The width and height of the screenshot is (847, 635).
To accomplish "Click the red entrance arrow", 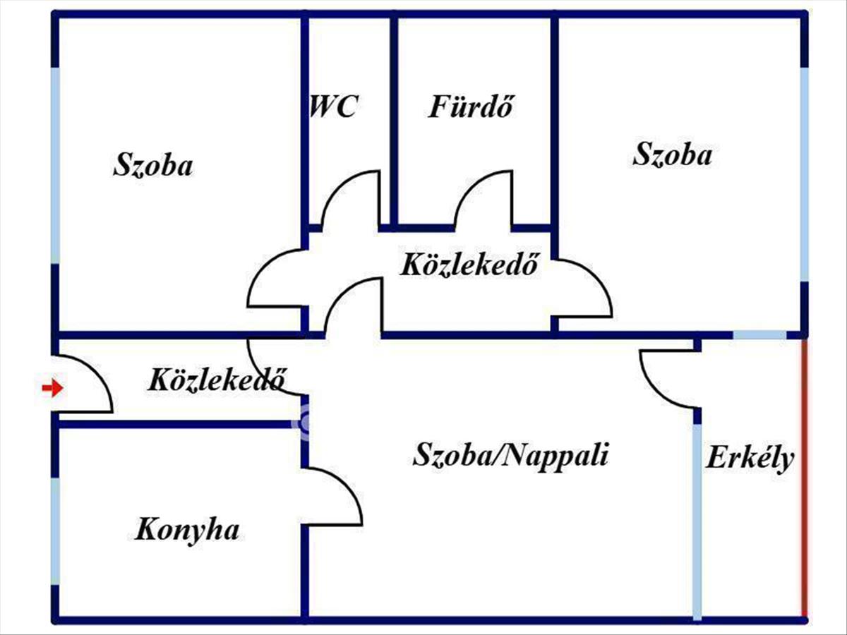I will click(52, 387).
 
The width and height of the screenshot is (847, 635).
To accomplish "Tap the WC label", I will click(333, 107).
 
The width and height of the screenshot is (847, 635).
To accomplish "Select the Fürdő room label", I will click(470, 108).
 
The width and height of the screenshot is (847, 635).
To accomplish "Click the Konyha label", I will click(187, 529).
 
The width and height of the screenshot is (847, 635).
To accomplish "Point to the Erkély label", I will click(750, 459).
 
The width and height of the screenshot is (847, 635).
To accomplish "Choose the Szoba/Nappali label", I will click(510, 455).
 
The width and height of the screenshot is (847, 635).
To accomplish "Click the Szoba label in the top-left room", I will click(152, 166).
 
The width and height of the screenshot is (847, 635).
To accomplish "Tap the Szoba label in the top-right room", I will click(672, 155).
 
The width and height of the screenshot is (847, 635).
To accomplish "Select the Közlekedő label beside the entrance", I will click(217, 381).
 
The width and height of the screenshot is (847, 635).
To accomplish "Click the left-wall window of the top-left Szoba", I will click(55, 166).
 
